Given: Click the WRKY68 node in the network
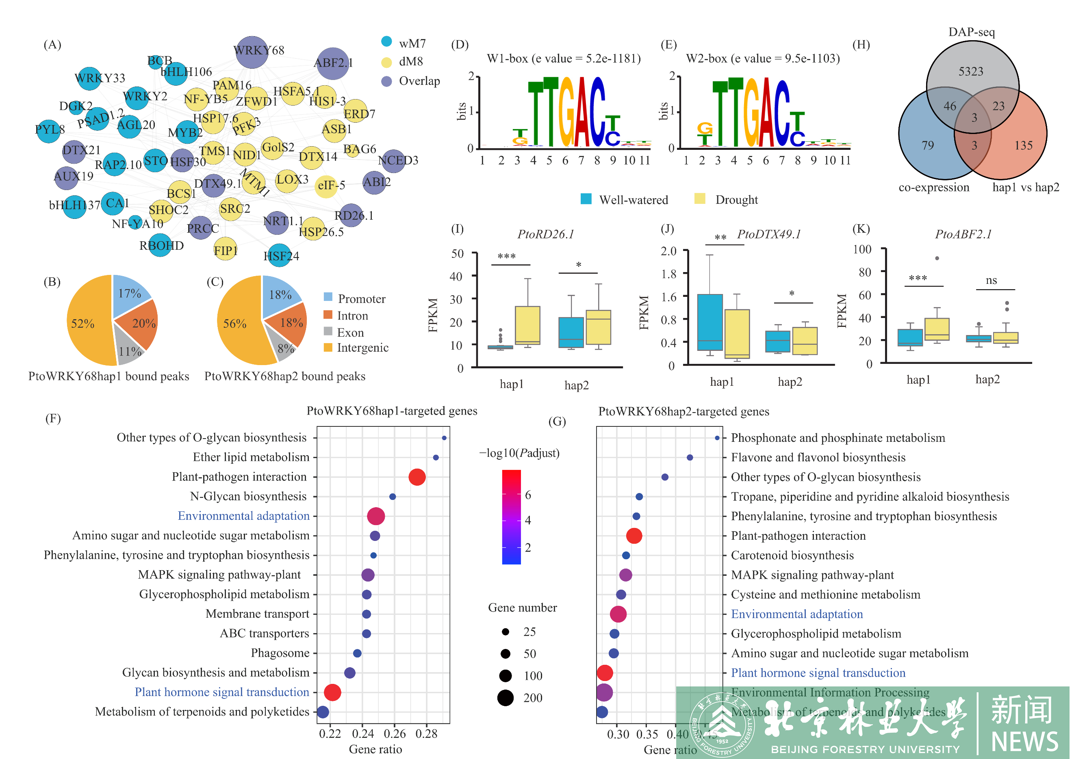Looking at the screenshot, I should coord(252,52).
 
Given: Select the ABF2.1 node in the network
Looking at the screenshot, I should coord(332,63).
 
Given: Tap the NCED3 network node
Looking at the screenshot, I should coord(393,161).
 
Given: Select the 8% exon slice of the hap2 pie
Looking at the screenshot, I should coord(285,348).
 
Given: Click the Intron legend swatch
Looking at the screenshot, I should coord(328,315).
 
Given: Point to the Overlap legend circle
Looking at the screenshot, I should coord(386,81).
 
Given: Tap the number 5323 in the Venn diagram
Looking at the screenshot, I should coord(971,71).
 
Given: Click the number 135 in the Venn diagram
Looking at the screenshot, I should coord(1023,146).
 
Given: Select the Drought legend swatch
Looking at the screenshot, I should coord(700,199).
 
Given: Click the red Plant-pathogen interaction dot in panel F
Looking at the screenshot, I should coord(417,477).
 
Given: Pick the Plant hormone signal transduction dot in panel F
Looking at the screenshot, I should coord(332,692).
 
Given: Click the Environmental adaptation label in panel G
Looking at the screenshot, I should coord(796,614).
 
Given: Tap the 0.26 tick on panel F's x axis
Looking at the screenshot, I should coord(394,734).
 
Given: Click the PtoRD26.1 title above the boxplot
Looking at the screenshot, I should coord(545,234).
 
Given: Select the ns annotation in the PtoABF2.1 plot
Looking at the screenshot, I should coord(991,281).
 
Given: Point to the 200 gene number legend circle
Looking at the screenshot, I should coord(505,698).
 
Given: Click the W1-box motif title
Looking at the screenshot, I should coord(564,58).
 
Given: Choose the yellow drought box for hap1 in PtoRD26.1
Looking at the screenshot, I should coord(527,325).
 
